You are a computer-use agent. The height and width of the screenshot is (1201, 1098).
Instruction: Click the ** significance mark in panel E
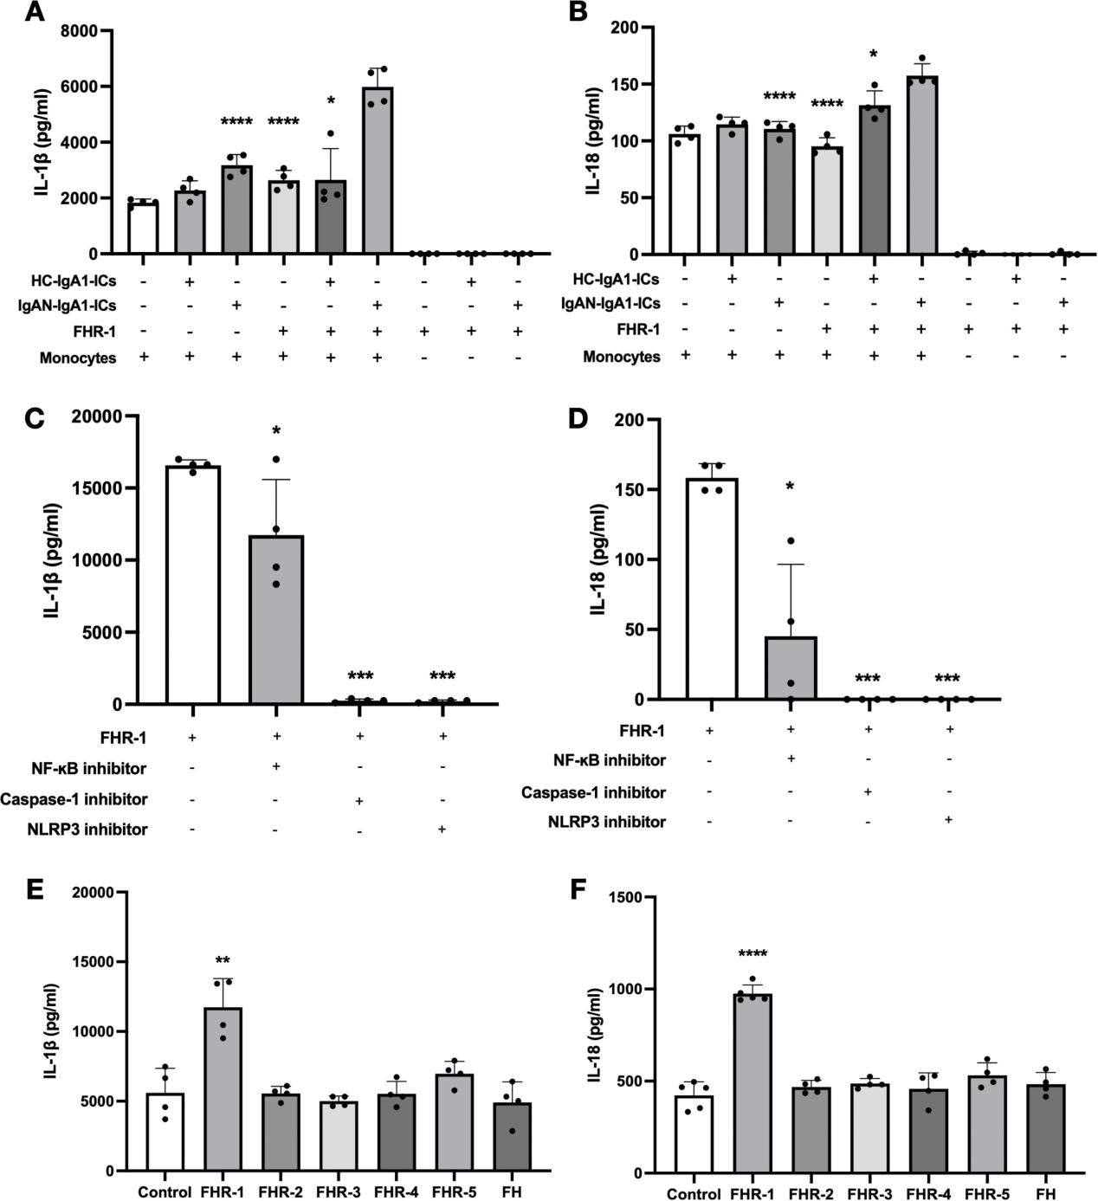pyautogui.click(x=223, y=961)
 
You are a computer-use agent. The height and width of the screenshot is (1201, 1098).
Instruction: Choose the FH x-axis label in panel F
pyautogui.click(x=1045, y=1194)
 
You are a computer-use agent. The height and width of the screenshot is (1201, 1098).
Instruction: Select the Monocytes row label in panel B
pyautogui.click(x=621, y=357)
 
